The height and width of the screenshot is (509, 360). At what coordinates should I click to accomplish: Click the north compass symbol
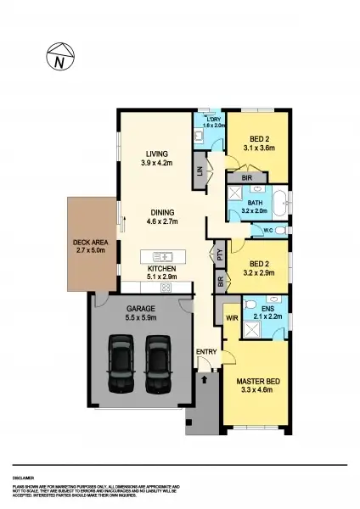coord(59,59)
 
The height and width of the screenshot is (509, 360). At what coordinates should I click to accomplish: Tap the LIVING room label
coord(156,154)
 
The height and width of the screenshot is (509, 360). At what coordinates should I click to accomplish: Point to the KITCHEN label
coord(161,269)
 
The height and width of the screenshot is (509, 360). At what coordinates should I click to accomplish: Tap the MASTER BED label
coord(255,392)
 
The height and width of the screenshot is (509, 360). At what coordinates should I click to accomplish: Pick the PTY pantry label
coord(219,252)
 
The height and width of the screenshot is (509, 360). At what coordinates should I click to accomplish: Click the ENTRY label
coord(205,352)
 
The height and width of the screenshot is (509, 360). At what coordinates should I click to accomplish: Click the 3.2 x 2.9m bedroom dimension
coord(260,274)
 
